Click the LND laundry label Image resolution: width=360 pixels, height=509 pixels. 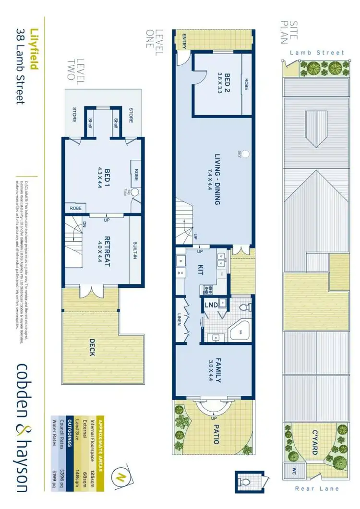[x=210, y=305]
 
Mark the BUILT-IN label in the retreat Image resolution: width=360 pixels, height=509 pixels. [x=136, y=249]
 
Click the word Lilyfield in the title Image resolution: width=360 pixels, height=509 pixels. [x=33, y=47]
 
